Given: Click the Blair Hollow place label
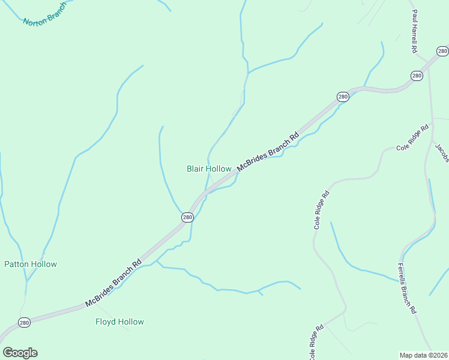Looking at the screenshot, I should pos(209,169).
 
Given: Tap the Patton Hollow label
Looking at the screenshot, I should pos(31,264).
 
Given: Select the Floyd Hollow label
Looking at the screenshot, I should pos(119,322).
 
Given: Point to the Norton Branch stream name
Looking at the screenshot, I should pos(44,14).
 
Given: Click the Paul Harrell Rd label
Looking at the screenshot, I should pos(414,31).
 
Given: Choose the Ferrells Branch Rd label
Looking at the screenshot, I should pos(407,289).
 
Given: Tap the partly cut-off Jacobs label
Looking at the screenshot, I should pos(442,152).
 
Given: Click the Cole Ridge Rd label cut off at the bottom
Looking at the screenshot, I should pos(316,343).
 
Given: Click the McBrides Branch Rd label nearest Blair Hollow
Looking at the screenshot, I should pos(268,152).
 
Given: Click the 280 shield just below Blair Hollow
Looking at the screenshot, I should pos(187,217).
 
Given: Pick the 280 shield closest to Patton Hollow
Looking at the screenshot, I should pos(24,322).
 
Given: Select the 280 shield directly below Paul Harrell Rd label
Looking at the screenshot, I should pos(417,76).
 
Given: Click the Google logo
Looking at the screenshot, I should pos(20,352).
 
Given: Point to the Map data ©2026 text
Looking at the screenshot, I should pos(423,355).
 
